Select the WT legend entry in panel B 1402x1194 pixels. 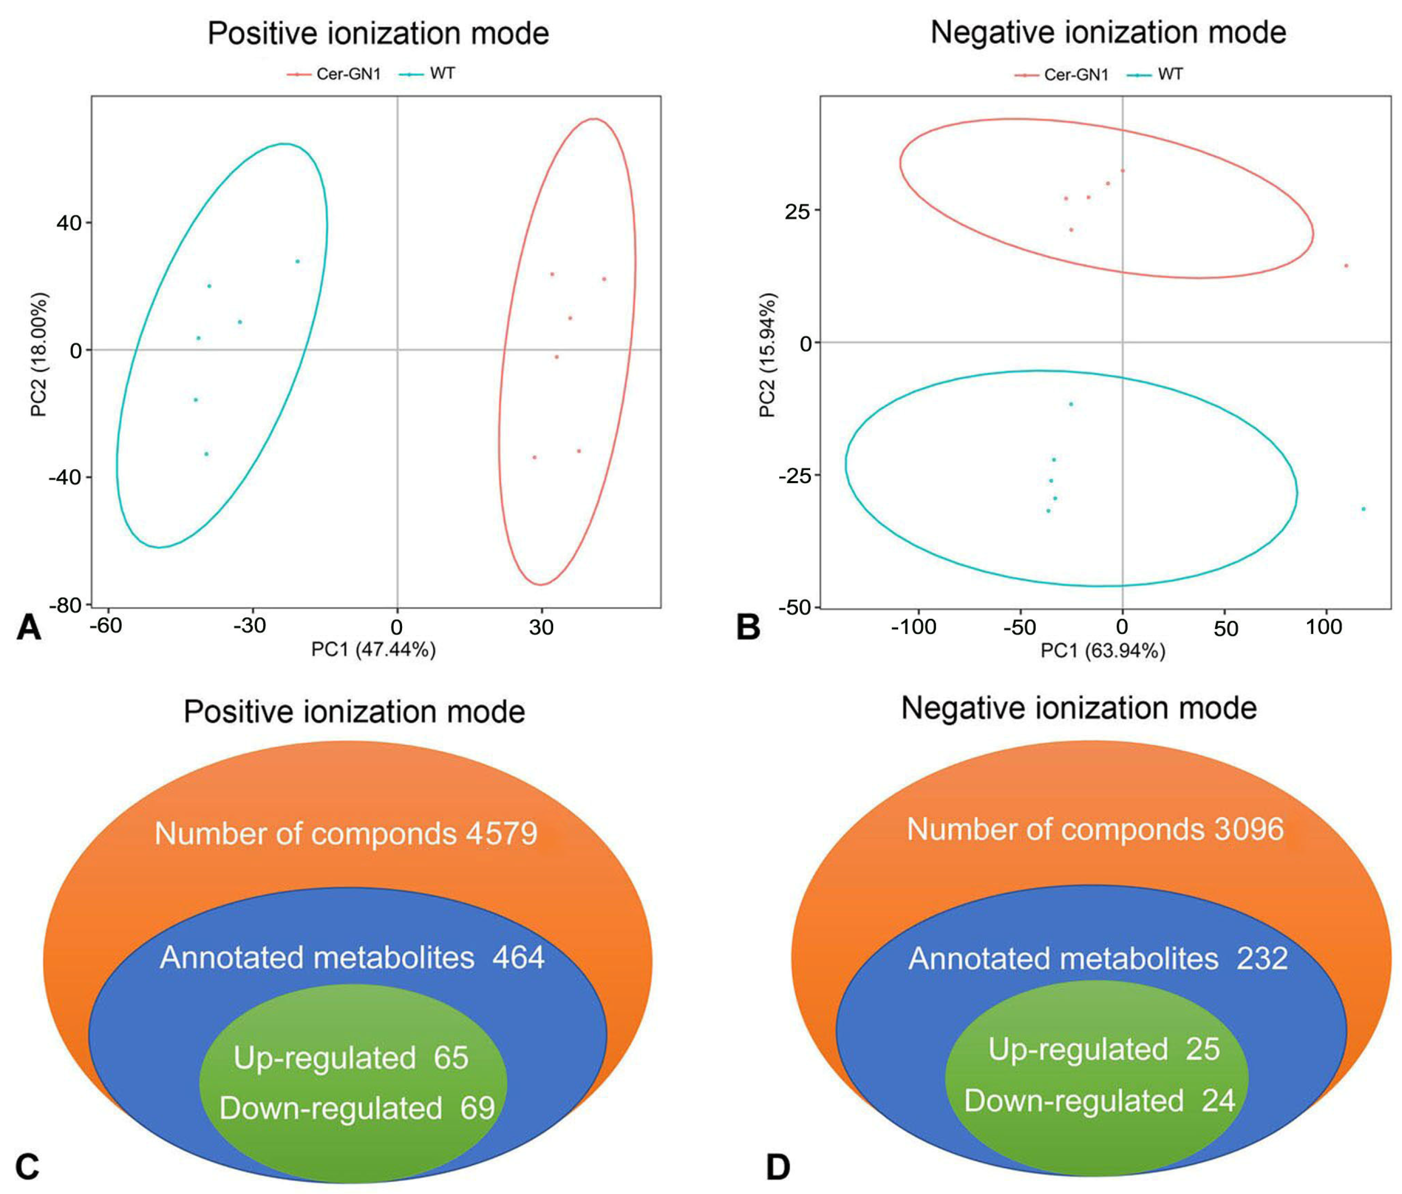click(x=1170, y=74)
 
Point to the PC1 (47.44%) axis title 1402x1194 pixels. click(x=373, y=650)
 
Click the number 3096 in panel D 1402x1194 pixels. click(x=1248, y=829)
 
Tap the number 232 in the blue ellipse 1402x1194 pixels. click(x=1263, y=958)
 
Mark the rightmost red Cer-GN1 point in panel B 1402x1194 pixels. click(x=1346, y=266)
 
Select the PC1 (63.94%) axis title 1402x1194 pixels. click(x=1103, y=651)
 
